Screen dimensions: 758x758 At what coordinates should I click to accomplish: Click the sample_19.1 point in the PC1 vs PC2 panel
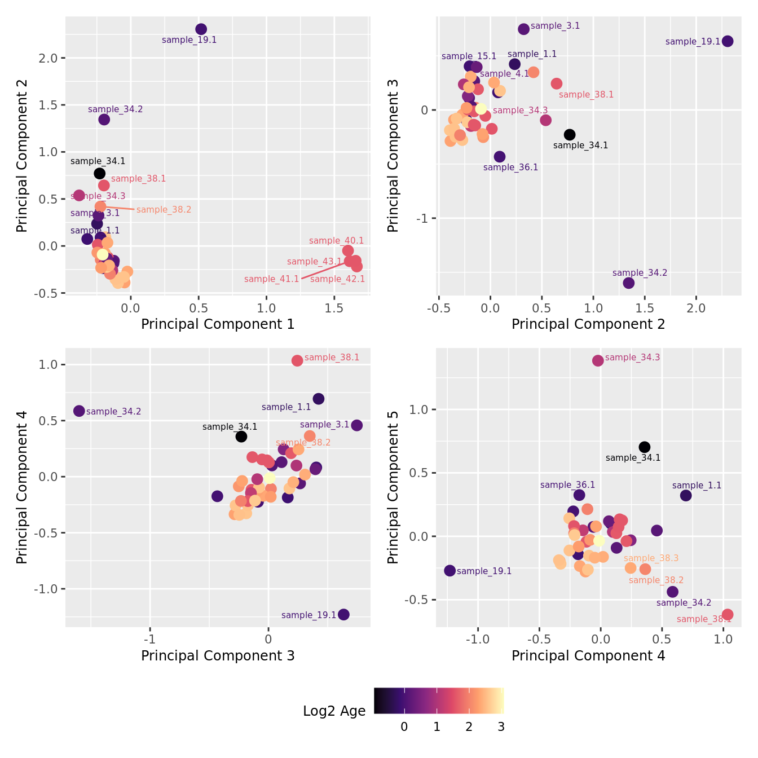click(201, 29)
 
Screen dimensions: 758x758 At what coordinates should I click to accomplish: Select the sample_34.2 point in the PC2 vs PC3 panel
click(629, 283)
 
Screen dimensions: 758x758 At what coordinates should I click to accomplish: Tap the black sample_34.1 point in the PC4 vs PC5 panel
click(645, 447)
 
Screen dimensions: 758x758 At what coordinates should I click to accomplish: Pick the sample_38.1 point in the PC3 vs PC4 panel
click(297, 360)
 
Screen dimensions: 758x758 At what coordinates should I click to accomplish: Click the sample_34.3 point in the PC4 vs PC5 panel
click(598, 360)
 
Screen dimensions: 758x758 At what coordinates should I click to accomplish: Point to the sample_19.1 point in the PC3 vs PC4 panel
click(343, 614)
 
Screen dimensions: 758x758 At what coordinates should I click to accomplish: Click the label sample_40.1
click(336, 241)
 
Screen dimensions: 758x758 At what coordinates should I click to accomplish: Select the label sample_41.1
click(271, 279)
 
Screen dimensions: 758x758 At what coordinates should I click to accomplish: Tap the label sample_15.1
click(469, 56)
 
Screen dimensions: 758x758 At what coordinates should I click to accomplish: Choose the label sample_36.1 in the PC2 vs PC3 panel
click(510, 168)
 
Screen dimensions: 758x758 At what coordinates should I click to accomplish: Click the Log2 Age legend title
click(334, 711)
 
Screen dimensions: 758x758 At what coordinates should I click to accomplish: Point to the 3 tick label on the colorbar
click(501, 727)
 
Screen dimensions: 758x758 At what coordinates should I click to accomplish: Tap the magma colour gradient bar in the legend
click(439, 701)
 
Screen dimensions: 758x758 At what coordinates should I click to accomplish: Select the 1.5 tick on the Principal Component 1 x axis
click(334, 309)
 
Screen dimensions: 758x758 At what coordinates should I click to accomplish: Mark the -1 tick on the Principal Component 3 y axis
click(423, 219)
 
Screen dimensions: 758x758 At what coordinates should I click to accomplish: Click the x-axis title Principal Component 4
click(588, 655)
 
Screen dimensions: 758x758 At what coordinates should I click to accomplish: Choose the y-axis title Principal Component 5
click(393, 487)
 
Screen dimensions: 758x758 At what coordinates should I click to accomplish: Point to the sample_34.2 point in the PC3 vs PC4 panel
click(79, 411)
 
